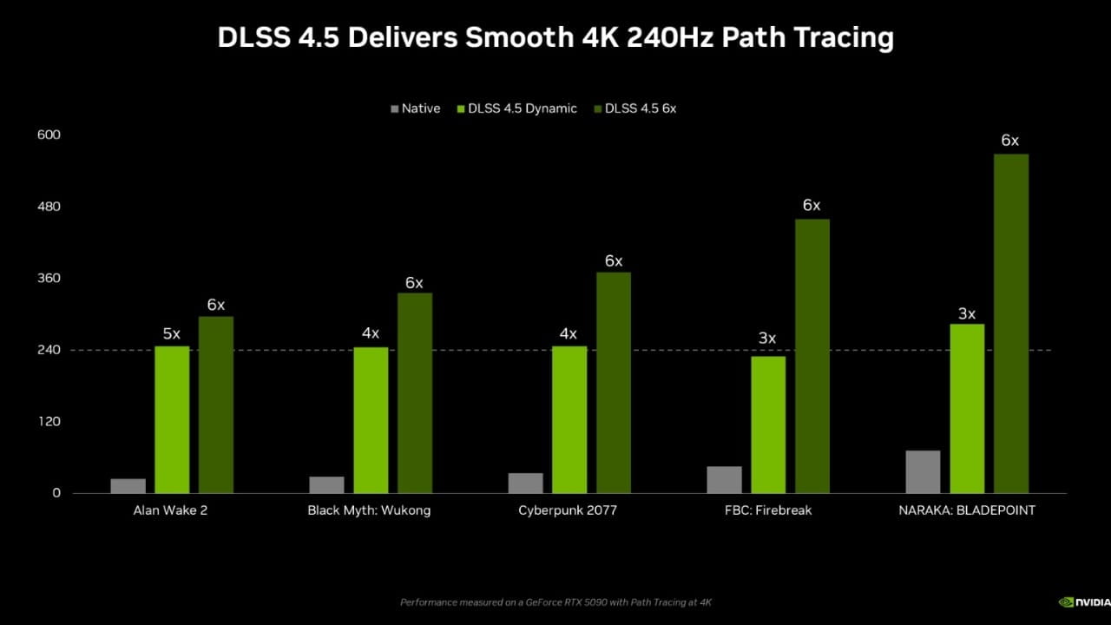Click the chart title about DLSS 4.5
click(x=555, y=38)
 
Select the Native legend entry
click(x=416, y=109)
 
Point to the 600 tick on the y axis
click(x=49, y=135)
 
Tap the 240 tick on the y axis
click(x=49, y=350)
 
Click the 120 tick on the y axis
click(x=49, y=422)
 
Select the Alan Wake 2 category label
click(x=170, y=510)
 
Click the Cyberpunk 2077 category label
click(x=568, y=510)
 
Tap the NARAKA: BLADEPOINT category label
click(x=966, y=510)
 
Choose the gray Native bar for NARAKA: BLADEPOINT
click(x=923, y=471)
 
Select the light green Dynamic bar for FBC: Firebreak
click(x=768, y=424)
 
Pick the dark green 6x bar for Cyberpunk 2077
click(x=613, y=383)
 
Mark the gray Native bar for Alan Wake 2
click(x=128, y=486)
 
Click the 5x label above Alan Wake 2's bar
click(x=172, y=333)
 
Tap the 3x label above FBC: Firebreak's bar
click(x=767, y=339)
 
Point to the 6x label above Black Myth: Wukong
click(x=414, y=283)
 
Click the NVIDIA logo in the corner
click(x=1084, y=602)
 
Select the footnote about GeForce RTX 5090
click(x=555, y=602)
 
